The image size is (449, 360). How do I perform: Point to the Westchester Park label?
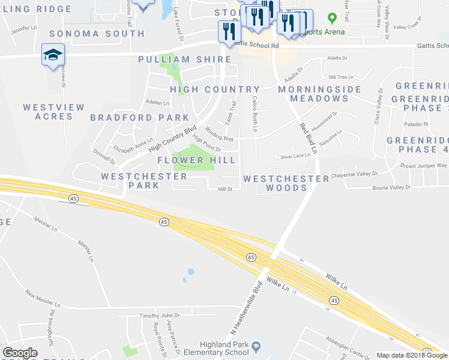point(130,181)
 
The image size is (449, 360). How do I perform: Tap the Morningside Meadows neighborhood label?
point(320,94)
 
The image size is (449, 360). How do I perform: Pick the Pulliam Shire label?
point(184,59)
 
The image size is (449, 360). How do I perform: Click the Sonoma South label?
point(97,34)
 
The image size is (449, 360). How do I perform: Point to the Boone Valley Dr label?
point(391,188)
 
